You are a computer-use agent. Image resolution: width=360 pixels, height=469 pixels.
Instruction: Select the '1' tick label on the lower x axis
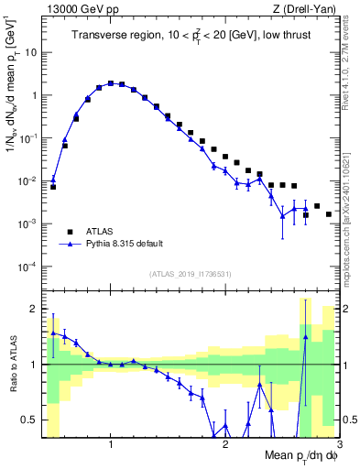pyautogui.click(x=111, y=445)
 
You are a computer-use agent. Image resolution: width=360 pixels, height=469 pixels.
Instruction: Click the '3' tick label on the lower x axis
pyautogui.click(x=338, y=445)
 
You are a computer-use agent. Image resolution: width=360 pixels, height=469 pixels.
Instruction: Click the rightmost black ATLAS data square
pyautogui.click(x=329, y=214)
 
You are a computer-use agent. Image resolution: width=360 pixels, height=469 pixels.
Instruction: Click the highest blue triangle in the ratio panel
pyautogui.click(x=306, y=336)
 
